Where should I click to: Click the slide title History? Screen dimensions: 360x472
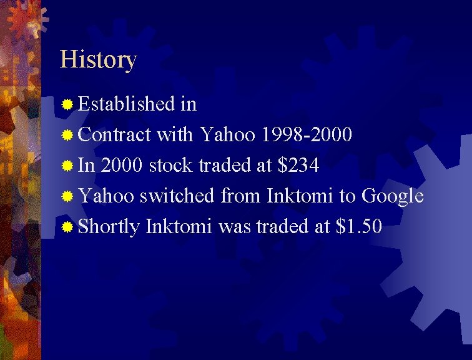pos(98,60)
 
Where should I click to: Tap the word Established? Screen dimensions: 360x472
pos(127,104)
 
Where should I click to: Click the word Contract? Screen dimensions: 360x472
pos(115,134)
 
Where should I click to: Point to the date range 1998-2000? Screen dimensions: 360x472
pos(307,134)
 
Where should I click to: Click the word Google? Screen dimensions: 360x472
pos(393,196)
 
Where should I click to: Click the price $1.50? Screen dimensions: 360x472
pos(359,226)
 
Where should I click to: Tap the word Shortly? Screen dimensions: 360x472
pos(109,227)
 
